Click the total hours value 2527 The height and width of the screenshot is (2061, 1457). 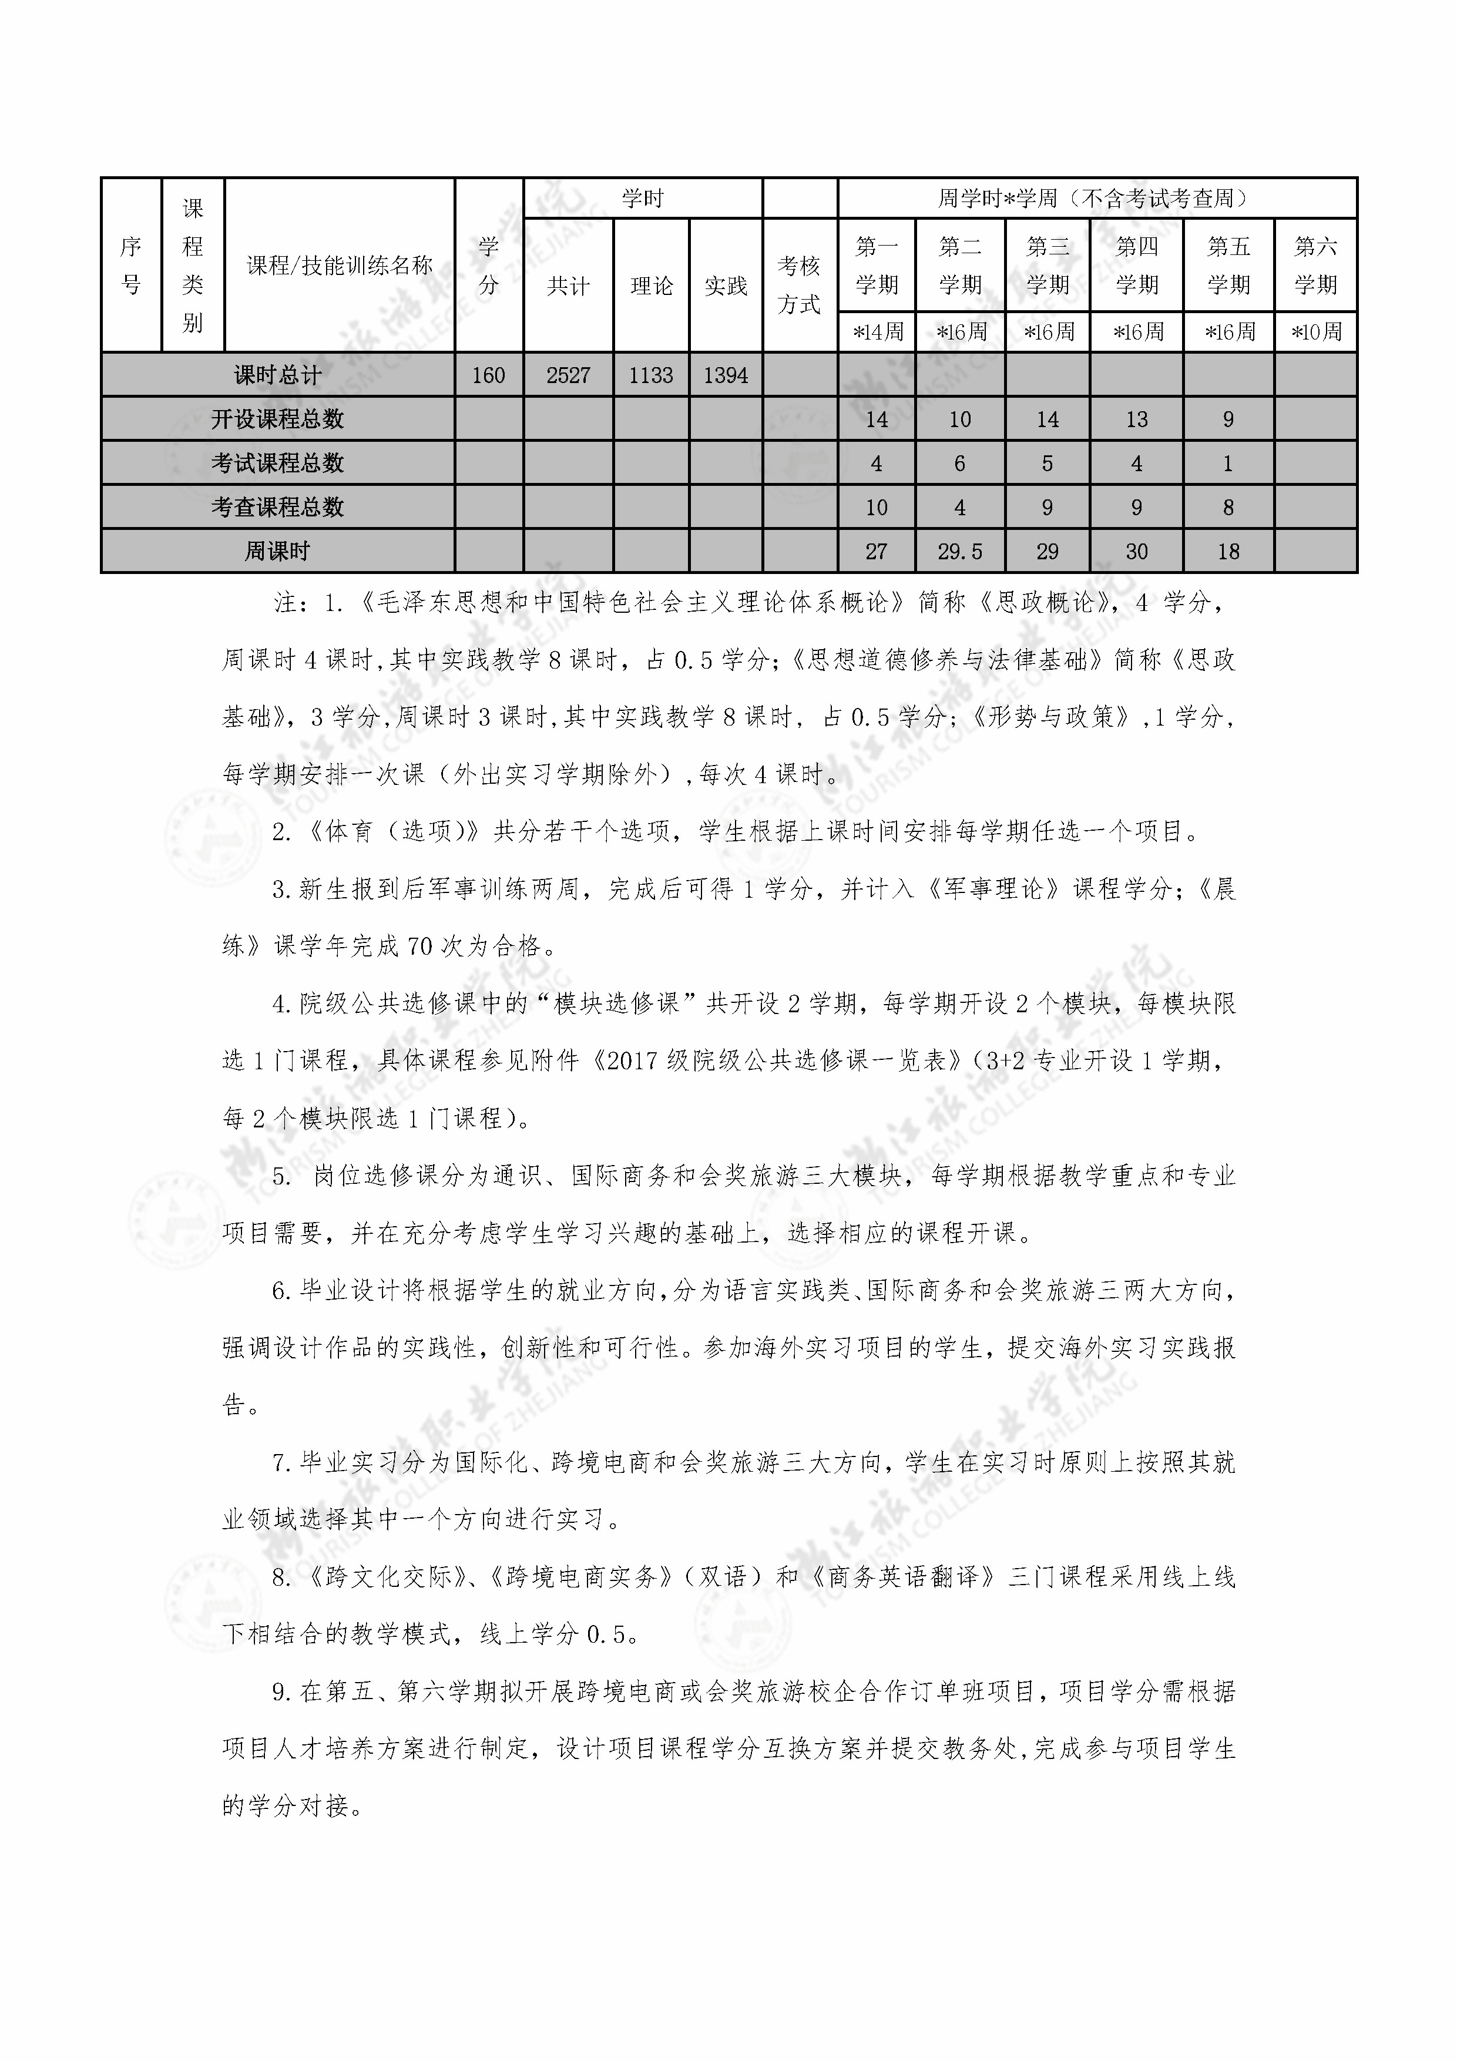point(568,375)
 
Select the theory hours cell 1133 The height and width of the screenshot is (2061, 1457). point(651,375)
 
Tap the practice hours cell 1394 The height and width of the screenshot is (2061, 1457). point(726,375)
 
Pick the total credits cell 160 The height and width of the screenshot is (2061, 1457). point(488,375)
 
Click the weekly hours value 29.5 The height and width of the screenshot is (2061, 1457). point(959,551)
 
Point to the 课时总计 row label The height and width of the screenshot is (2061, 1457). point(277,375)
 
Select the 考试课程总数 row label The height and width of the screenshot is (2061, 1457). point(277,463)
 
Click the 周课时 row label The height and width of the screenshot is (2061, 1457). point(277,551)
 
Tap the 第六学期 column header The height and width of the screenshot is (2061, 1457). point(1315,265)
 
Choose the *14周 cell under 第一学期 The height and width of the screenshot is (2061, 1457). point(876,332)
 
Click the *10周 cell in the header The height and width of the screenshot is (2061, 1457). point(1315,332)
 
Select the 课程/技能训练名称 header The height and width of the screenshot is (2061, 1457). point(340,266)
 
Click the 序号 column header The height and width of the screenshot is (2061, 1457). point(131,266)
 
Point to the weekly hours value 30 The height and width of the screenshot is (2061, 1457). point(1136,551)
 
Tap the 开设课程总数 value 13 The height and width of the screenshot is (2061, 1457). point(1136,419)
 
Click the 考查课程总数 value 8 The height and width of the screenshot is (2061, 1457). point(1228,507)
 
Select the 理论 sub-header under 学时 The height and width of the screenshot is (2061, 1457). point(651,286)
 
